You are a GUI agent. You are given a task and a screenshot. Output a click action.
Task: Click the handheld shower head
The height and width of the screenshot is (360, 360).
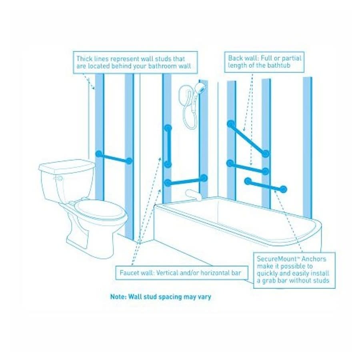200,88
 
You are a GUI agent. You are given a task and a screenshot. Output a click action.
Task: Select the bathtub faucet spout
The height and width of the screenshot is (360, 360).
192,194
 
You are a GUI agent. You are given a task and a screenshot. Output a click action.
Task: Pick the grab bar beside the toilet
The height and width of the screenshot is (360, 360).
114,157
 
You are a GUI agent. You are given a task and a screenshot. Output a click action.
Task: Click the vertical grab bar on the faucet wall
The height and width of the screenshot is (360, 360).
168,146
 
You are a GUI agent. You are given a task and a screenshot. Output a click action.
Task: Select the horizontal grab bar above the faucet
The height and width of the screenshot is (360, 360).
186,180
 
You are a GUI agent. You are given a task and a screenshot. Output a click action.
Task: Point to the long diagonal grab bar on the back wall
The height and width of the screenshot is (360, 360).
248,139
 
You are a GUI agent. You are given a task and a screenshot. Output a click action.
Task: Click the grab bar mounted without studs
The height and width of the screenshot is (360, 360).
266,185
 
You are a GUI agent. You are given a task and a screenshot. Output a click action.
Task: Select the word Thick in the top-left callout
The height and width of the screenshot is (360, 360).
84,59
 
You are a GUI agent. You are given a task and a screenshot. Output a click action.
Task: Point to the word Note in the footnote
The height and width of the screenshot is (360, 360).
118,297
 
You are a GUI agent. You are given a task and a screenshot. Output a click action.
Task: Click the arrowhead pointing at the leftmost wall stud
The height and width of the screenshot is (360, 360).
93,87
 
